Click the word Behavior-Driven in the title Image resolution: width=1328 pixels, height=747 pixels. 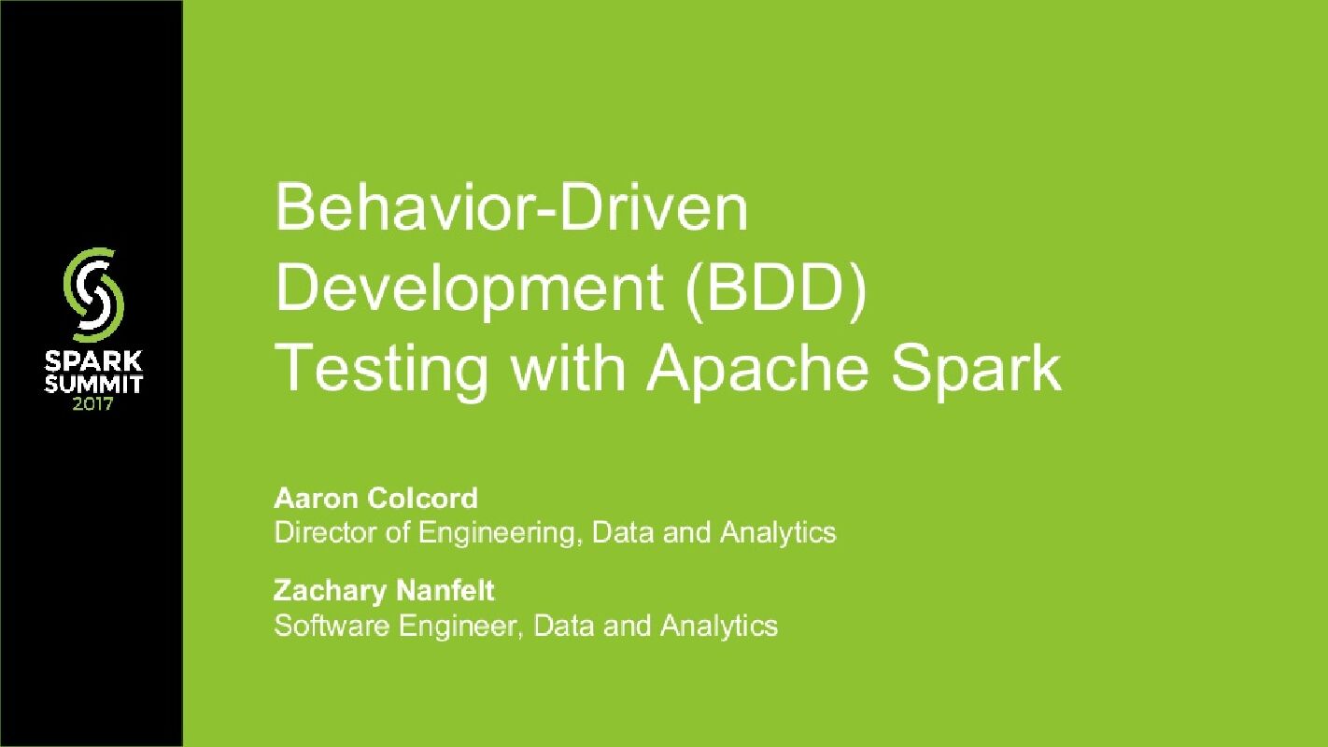tap(511, 209)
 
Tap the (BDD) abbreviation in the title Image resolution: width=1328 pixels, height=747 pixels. tap(774, 289)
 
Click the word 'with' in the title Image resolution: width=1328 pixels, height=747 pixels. tap(566, 368)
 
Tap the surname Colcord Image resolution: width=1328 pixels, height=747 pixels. tap(422, 499)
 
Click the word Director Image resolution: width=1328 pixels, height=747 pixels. tap(318, 532)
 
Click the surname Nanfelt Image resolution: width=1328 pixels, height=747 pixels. tap(445, 590)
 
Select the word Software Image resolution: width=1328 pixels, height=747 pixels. tap(332, 624)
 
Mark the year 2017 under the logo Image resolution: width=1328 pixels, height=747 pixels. tap(93, 404)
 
